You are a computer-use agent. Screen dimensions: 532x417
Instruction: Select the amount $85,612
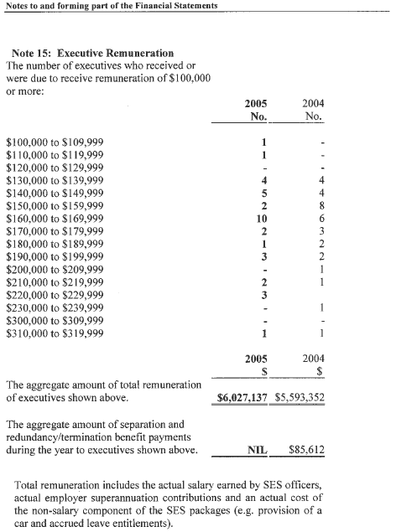click(x=307, y=452)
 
